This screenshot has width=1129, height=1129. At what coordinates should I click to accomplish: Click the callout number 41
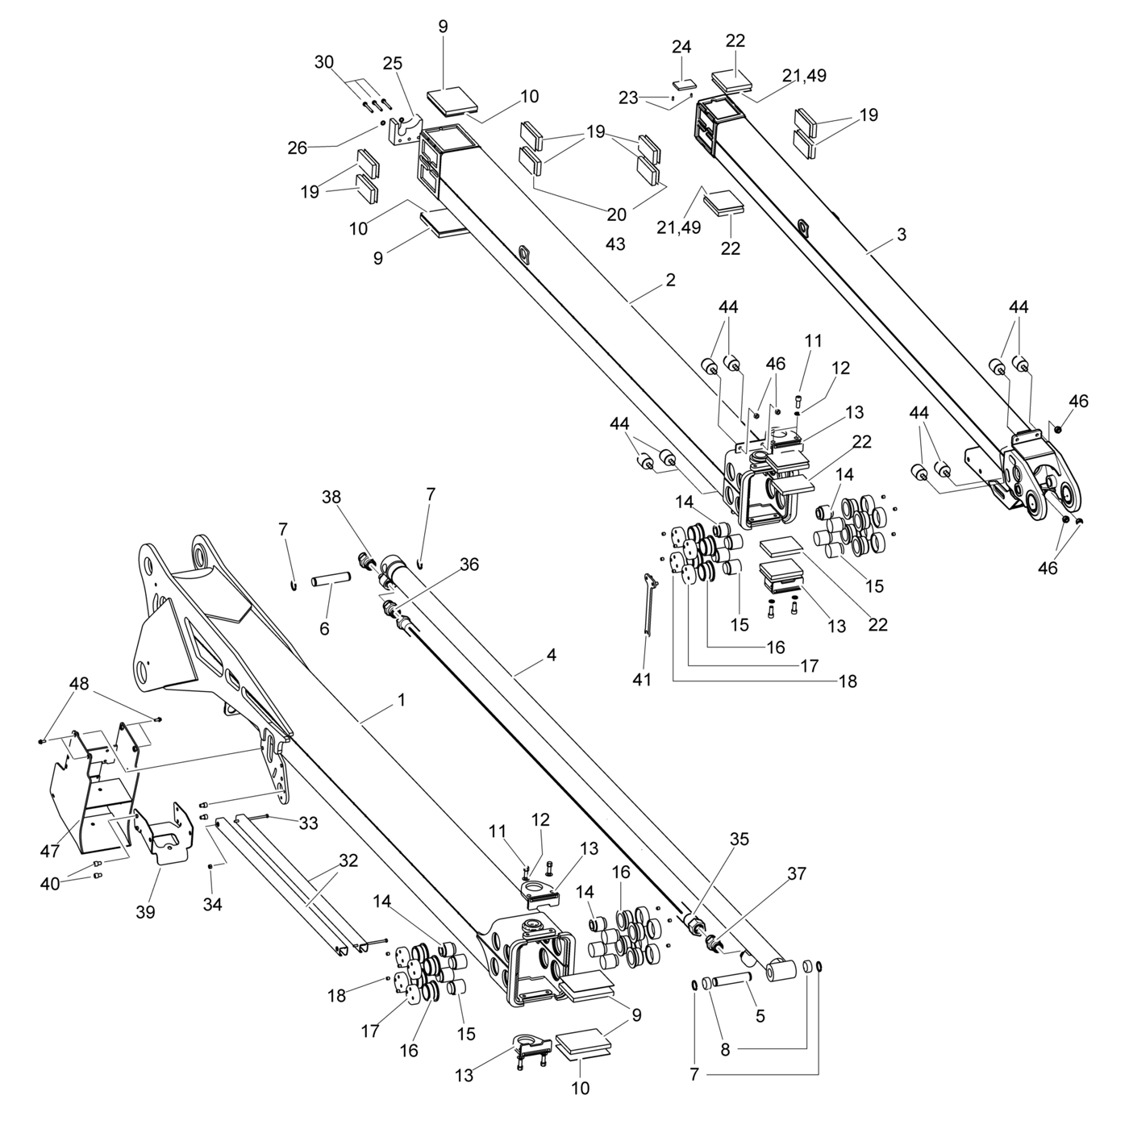(642, 679)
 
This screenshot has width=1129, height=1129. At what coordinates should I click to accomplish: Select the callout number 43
(615, 244)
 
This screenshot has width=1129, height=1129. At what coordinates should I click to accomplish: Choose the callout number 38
(331, 497)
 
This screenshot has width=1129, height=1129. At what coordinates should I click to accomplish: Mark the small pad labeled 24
(683, 85)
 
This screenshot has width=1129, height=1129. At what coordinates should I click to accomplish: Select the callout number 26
(297, 148)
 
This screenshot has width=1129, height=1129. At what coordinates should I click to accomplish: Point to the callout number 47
(50, 851)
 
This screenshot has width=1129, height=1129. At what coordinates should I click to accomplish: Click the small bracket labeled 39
(164, 835)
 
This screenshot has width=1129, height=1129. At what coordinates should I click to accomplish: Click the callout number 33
(308, 823)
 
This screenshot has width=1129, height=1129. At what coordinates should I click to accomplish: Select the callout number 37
(796, 873)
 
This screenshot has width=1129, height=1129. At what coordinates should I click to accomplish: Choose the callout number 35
(739, 839)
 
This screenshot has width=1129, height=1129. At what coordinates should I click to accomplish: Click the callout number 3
(902, 235)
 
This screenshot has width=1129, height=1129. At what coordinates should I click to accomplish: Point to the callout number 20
(616, 215)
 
